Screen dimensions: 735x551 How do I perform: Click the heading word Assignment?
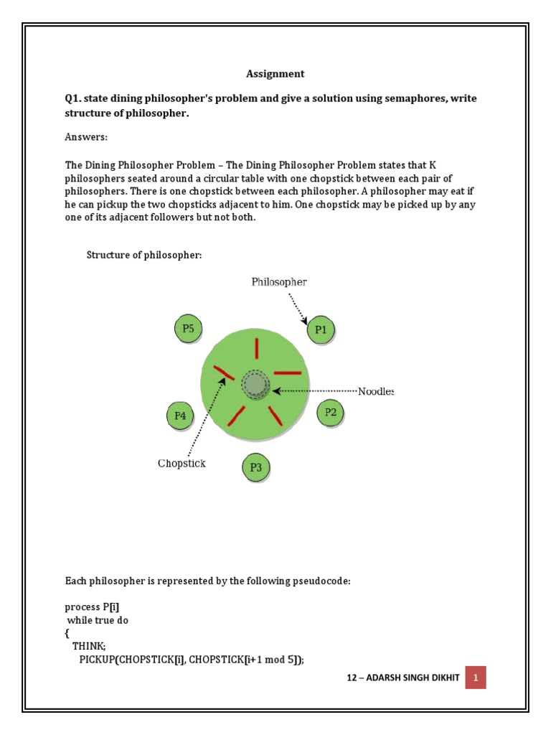click(x=275, y=73)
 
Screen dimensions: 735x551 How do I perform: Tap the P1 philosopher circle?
click(x=321, y=331)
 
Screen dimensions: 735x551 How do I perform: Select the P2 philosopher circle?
click(x=330, y=412)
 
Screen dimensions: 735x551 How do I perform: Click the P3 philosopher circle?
click(x=256, y=468)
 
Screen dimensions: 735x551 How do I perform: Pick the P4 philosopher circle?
click(x=180, y=415)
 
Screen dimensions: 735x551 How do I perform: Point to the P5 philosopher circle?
click(x=188, y=329)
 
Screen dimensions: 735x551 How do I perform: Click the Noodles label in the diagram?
click(x=376, y=391)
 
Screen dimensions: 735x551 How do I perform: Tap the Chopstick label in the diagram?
click(x=182, y=464)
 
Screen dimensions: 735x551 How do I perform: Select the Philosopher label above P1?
click(x=279, y=282)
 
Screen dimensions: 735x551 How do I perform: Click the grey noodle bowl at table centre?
click(x=255, y=385)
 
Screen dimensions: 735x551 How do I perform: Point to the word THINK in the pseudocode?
click(x=89, y=645)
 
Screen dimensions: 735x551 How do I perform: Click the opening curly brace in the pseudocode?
click(x=67, y=633)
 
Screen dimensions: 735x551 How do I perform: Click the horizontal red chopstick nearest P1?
click(x=288, y=373)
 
